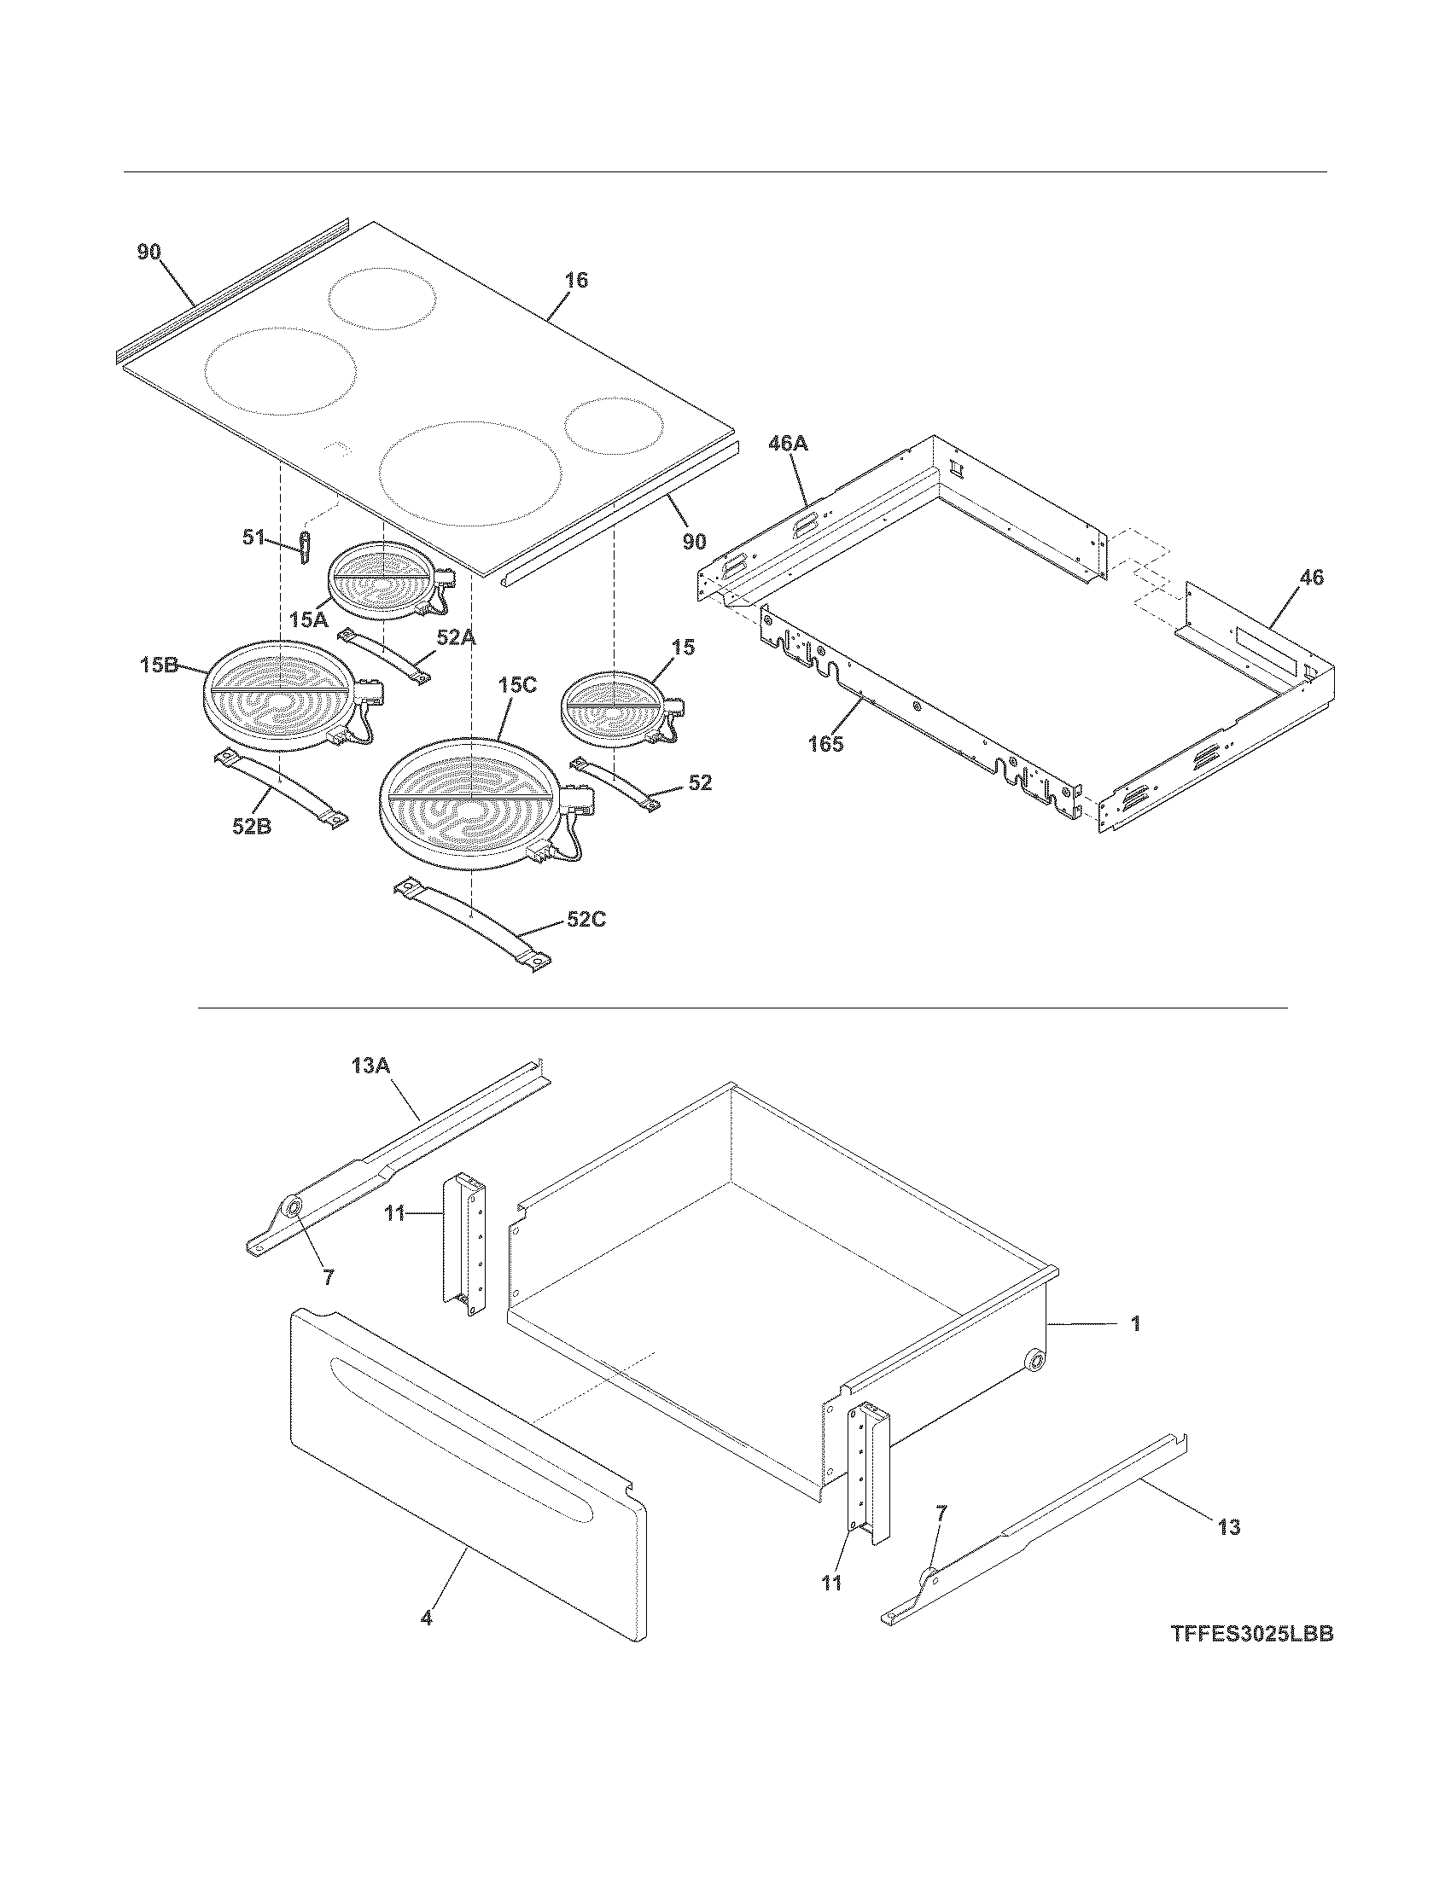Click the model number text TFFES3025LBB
(x=1250, y=1634)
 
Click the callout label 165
(x=825, y=743)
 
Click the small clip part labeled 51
(x=304, y=548)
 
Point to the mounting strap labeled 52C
(x=473, y=924)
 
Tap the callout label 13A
(x=370, y=1066)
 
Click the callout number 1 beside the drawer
(x=1134, y=1324)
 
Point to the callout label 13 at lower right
(x=1229, y=1527)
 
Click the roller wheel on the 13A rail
(x=294, y=1209)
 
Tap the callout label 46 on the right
(x=1311, y=578)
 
